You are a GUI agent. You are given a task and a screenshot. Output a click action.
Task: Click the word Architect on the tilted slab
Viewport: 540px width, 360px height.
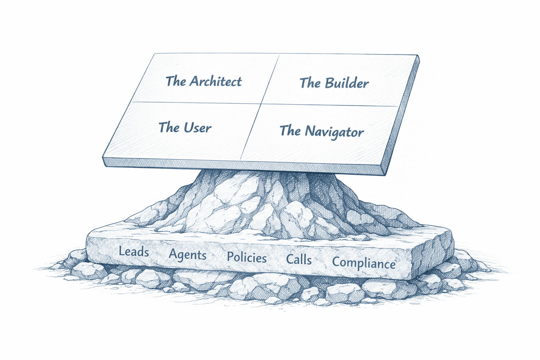(x=216, y=82)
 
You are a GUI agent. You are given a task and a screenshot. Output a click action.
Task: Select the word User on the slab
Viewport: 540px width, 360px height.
(x=198, y=128)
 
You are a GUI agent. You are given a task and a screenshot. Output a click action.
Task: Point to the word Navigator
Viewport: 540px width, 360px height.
(x=334, y=132)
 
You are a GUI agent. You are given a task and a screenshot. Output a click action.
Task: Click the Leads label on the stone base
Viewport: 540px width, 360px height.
(x=134, y=252)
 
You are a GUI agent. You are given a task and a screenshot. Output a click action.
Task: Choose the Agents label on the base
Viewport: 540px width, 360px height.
(x=187, y=255)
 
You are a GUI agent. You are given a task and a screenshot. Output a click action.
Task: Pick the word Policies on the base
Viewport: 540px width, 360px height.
(x=247, y=258)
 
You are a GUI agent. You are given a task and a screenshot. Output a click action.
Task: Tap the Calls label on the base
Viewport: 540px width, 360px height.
(x=299, y=260)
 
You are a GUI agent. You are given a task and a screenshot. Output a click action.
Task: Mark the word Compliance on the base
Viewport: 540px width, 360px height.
(x=364, y=263)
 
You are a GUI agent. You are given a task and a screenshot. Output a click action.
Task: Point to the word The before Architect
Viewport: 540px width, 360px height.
(x=176, y=81)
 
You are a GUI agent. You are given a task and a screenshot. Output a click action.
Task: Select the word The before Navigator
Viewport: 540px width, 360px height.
(x=290, y=131)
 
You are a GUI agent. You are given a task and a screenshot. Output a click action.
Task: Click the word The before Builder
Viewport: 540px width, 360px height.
(x=310, y=83)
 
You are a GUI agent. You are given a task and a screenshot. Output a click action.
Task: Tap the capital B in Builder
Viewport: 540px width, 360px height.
(x=329, y=83)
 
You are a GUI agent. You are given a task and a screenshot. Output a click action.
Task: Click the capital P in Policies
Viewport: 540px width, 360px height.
(x=230, y=257)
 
